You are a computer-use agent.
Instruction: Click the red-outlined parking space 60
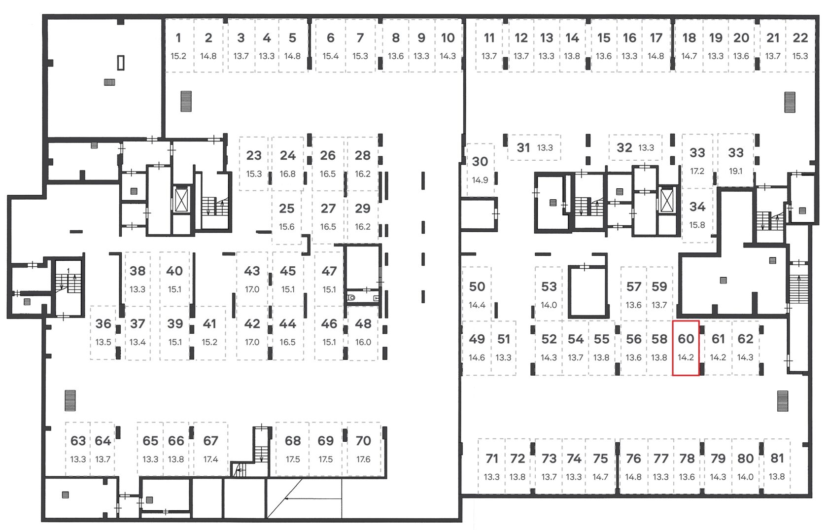(x=686, y=348)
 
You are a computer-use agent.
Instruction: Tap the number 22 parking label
(x=800, y=38)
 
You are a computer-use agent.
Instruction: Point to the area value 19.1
(x=735, y=171)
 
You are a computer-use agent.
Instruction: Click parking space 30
(x=480, y=170)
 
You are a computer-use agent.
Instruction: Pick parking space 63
(x=78, y=449)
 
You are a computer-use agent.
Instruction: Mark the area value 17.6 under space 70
(x=363, y=459)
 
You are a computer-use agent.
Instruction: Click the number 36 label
(x=103, y=324)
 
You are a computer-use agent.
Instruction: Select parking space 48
(x=363, y=333)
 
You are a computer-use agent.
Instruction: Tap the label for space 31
(x=523, y=148)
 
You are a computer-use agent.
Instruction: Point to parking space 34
(x=697, y=215)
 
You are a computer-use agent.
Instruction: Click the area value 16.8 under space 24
(x=288, y=174)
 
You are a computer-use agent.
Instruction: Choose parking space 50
(x=477, y=294)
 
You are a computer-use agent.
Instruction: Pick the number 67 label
(x=211, y=441)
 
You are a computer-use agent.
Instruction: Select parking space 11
(x=489, y=45)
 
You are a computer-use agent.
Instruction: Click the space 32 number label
(x=625, y=148)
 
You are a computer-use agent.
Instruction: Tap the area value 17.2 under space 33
(x=697, y=171)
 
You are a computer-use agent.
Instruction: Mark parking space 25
(x=287, y=217)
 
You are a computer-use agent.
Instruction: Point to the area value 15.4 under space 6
(x=330, y=56)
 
